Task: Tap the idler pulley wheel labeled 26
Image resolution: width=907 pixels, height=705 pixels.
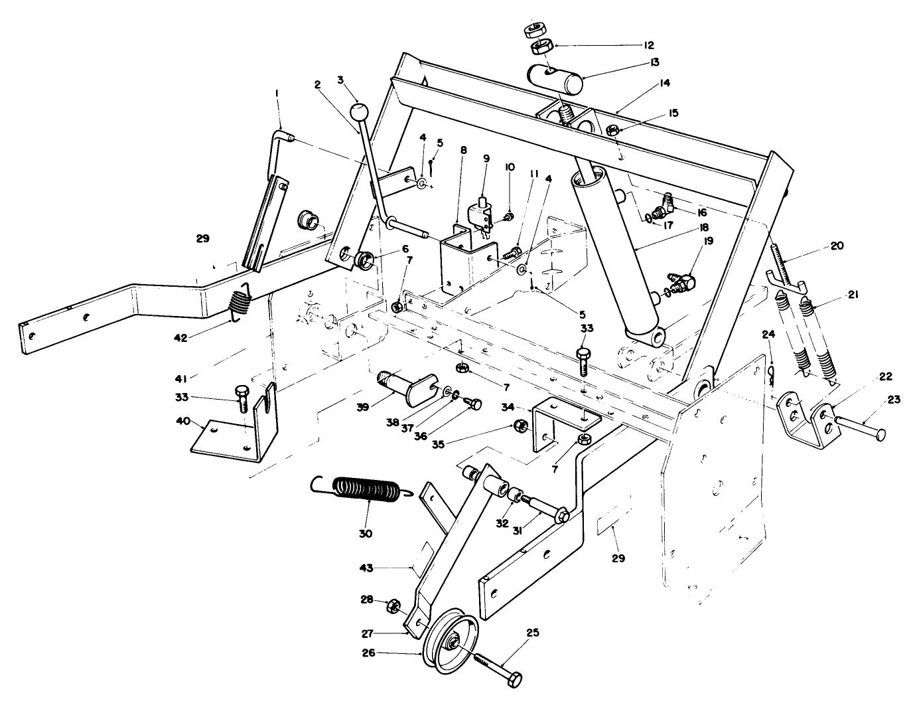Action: tap(452, 641)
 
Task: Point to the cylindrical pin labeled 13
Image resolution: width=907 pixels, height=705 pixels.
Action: tap(556, 78)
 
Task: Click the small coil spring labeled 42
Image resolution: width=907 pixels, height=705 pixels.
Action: tap(240, 305)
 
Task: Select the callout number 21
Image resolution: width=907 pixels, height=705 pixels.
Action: tap(852, 294)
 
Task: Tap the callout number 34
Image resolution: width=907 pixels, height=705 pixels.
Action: tap(508, 405)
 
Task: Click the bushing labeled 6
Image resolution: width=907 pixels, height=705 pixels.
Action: tap(364, 260)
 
